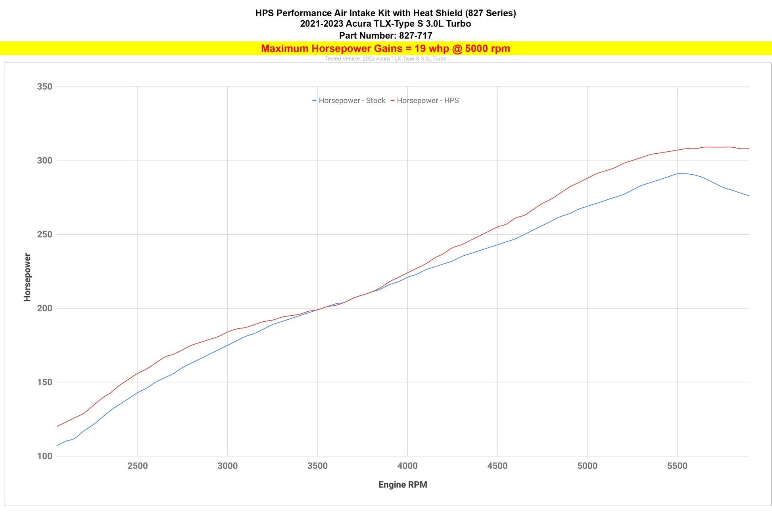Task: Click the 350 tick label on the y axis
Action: click(44, 87)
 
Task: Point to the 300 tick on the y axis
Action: click(44, 160)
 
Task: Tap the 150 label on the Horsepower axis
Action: click(44, 382)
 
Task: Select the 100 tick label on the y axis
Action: click(44, 456)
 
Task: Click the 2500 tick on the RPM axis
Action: click(138, 466)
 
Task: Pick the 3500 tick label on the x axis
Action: click(317, 466)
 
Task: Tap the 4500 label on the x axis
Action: click(497, 466)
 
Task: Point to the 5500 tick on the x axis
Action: click(677, 466)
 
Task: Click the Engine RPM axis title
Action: click(403, 485)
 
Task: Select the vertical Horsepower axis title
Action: click(27, 277)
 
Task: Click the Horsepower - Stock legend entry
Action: click(349, 101)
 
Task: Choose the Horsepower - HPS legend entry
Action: click(425, 101)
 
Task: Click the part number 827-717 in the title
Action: click(415, 36)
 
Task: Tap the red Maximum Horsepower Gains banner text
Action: click(385, 49)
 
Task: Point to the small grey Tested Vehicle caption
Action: click(386, 59)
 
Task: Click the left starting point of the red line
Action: click(58, 426)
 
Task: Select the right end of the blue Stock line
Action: click(749, 196)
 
